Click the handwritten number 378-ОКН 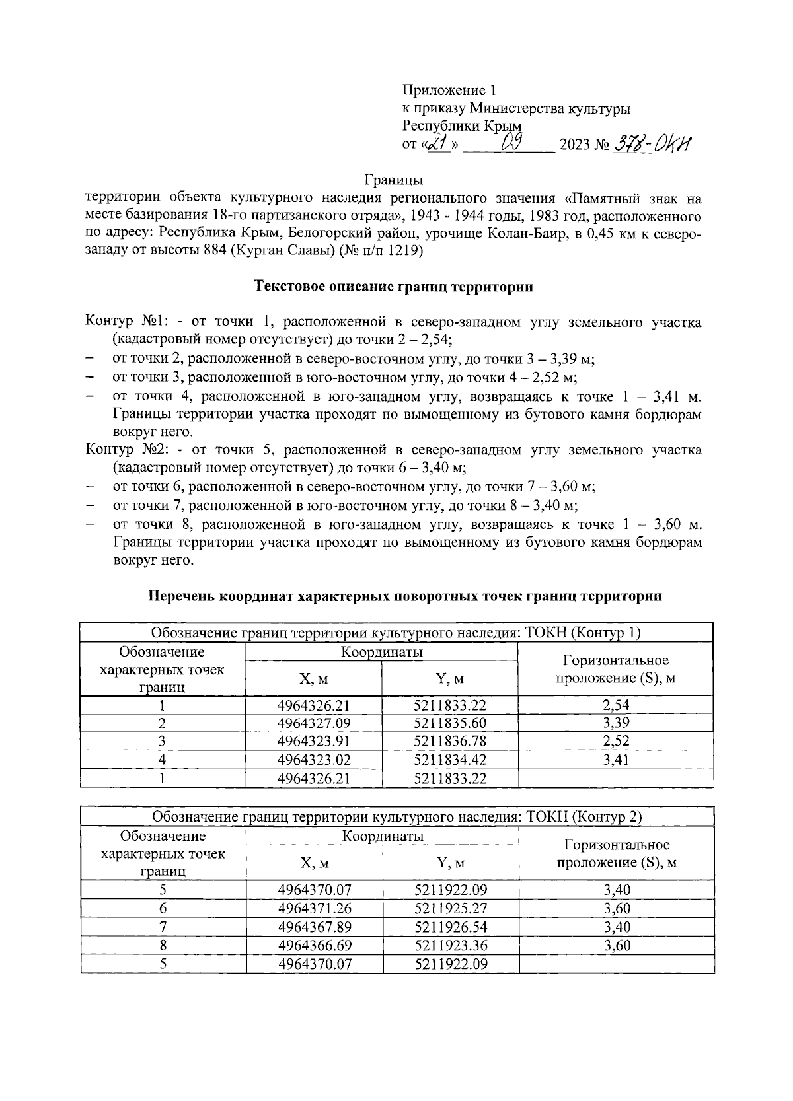click(x=651, y=143)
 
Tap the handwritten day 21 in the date click(x=438, y=143)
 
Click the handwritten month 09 click(x=513, y=141)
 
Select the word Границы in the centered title click(x=394, y=180)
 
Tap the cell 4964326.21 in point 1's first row click(x=313, y=705)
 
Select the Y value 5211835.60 click(x=449, y=723)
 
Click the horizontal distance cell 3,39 click(x=616, y=723)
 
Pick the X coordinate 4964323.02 click(x=313, y=760)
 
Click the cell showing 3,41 click(x=616, y=760)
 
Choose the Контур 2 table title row click(x=397, y=816)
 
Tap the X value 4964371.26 click(x=314, y=908)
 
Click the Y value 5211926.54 click(x=451, y=927)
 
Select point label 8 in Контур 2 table click(x=163, y=945)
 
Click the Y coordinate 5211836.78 click(x=449, y=742)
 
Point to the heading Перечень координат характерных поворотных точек click(x=404, y=596)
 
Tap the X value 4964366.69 click(x=314, y=945)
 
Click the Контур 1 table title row click(x=397, y=633)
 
